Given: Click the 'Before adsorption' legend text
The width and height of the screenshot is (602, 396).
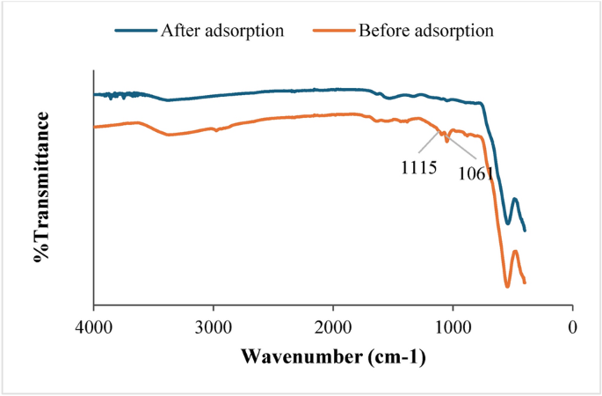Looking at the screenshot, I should (425, 30).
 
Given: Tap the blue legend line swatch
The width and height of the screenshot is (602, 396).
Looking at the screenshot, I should (134, 30).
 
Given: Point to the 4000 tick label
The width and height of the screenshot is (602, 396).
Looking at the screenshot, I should (93, 326).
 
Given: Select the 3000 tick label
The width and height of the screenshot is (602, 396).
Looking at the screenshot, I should (213, 326).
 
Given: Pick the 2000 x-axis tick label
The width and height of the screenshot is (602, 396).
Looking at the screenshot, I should (333, 326).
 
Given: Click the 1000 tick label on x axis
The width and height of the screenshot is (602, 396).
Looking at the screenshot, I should (453, 326).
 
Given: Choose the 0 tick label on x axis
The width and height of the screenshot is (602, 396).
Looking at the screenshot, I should (573, 326).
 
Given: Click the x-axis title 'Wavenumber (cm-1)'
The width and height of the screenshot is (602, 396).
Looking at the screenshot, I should (333, 358).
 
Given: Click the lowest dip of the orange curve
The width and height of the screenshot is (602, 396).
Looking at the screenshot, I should (507, 286).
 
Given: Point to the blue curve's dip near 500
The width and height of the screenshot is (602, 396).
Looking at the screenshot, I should (507, 223).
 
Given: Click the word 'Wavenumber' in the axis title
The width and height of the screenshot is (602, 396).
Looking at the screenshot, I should (294, 358).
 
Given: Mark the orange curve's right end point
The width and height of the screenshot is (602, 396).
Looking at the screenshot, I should (525, 282).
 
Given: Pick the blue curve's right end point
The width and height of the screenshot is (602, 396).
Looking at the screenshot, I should (525, 231).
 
